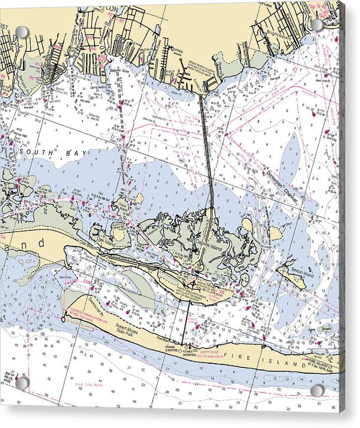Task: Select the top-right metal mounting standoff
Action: pos(317,25)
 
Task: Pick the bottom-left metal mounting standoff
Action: pos(22,383)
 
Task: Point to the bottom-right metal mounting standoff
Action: pos(318,391)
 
